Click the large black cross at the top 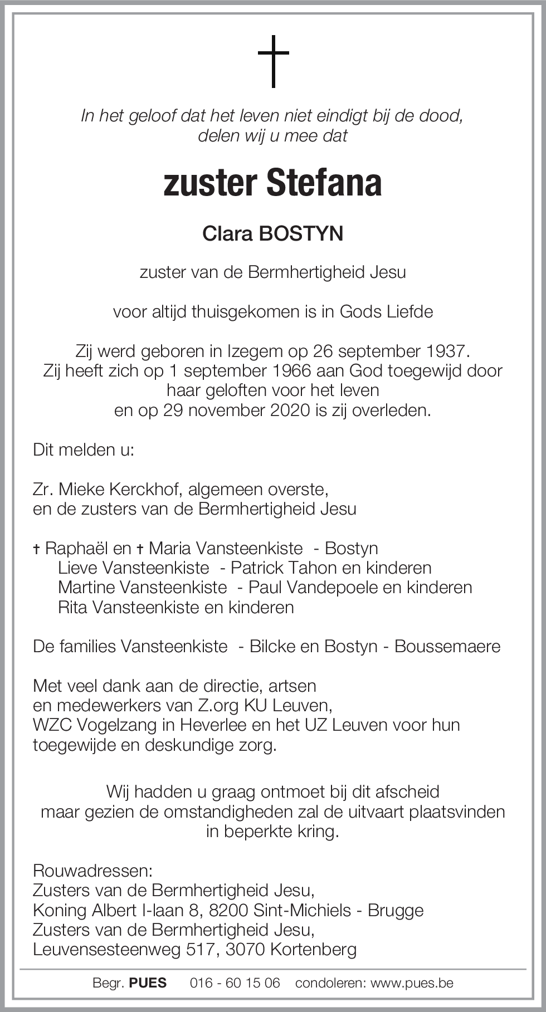tap(274, 61)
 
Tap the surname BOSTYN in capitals tap(301, 234)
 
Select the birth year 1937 tap(446, 351)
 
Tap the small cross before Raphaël tap(37, 549)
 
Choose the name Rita tap(72, 607)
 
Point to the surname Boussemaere tap(447, 647)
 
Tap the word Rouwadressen tap(92, 871)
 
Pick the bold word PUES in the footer tap(148, 983)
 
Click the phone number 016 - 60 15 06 tap(235, 983)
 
